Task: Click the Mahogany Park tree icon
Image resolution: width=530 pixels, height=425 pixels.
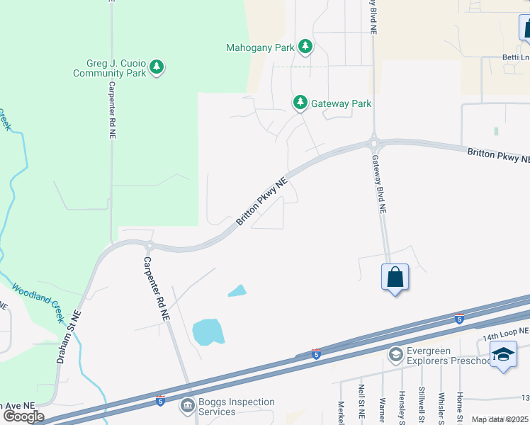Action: coord(305,47)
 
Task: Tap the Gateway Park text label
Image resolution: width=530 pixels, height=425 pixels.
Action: coord(342,103)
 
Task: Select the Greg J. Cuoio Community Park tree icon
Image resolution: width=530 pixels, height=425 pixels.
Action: coord(157,68)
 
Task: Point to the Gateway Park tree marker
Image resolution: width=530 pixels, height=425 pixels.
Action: coord(300,103)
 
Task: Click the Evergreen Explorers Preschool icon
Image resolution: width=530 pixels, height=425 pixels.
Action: coord(395,353)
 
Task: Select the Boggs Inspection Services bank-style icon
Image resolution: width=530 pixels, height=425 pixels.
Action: coord(187,406)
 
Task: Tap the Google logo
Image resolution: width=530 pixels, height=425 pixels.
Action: coord(23,416)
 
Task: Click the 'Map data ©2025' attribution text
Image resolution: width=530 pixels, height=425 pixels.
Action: coord(500,419)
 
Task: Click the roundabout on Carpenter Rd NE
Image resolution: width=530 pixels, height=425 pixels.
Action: coord(150,246)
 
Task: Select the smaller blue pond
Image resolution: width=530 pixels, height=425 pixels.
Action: coord(237,290)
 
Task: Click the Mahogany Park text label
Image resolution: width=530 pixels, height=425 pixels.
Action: coord(260,48)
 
